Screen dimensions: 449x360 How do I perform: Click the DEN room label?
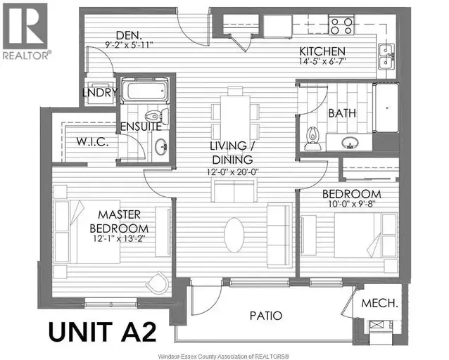click(x=129, y=35)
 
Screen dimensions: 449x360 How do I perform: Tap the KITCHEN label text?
click(x=322, y=51)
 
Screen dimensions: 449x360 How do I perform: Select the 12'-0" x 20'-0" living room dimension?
click(x=233, y=172)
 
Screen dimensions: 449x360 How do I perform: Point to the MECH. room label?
click(x=380, y=303)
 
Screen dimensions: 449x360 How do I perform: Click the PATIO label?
click(x=266, y=316)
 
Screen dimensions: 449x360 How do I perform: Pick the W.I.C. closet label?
click(x=92, y=141)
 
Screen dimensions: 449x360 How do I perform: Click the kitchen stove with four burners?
click(x=341, y=26)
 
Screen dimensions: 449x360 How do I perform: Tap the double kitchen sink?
click(x=387, y=57)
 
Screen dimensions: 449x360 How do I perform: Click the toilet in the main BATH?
click(x=312, y=139)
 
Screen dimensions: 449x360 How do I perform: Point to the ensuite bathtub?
click(x=144, y=91)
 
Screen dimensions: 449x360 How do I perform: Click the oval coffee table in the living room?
click(x=234, y=235)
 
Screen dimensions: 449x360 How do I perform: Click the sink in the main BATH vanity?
click(x=349, y=142)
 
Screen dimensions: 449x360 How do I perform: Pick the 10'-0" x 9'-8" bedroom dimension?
click(x=352, y=204)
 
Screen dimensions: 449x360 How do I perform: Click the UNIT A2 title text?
click(x=102, y=331)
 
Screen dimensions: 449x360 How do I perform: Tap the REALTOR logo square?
click(x=25, y=26)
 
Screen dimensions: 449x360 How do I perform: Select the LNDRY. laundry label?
click(x=100, y=93)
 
